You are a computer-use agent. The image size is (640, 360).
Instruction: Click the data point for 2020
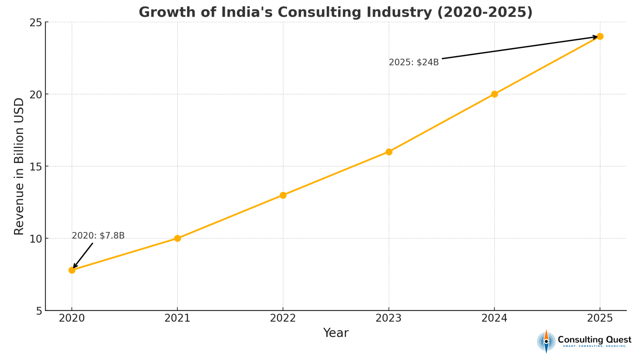tap(72, 270)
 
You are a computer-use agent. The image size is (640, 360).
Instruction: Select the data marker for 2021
tap(177, 238)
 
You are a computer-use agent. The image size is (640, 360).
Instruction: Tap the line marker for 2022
tap(283, 195)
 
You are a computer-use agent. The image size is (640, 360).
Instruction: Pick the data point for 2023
tap(389, 152)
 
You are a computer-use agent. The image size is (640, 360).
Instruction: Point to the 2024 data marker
tap(494, 94)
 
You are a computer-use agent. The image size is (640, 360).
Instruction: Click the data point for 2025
tap(600, 36)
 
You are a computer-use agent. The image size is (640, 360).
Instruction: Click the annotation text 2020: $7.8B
tap(98, 236)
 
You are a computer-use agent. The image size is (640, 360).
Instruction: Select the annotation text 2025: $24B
tap(414, 62)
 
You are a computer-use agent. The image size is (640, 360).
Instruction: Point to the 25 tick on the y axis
tap(36, 23)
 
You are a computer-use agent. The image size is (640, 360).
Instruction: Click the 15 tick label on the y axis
tap(36, 167)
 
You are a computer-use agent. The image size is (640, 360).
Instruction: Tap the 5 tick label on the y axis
tap(39, 311)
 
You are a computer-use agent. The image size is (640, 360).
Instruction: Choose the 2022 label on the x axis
tap(283, 318)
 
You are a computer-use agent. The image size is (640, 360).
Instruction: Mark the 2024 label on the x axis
tap(494, 318)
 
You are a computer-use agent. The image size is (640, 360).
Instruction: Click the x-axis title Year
tap(336, 333)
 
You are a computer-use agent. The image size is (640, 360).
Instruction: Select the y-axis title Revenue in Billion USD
tap(19, 166)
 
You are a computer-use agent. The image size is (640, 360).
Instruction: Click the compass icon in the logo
tap(546, 341)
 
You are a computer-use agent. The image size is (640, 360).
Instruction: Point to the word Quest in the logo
tap(619, 340)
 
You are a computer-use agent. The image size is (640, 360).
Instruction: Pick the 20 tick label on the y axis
tap(36, 95)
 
